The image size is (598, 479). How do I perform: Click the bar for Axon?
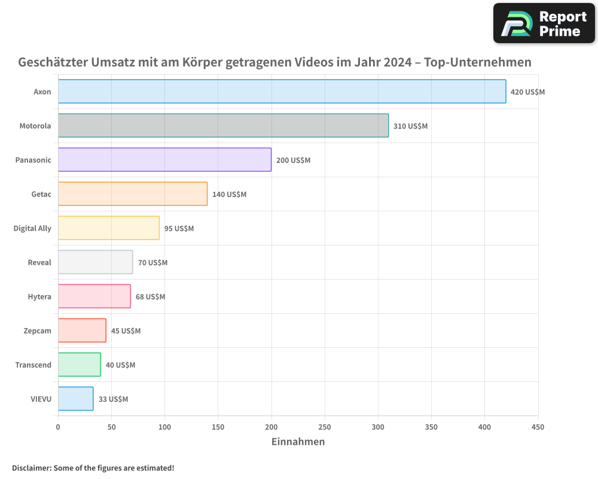coord(282,92)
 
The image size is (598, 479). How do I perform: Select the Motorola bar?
coord(223,126)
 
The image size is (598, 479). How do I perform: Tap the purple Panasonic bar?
coord(164,160)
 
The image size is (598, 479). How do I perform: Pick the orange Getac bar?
coord(133,194)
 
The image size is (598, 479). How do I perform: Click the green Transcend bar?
coord(80,365)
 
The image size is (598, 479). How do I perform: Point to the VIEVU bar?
coord(75,399)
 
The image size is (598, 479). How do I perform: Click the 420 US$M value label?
coord(527,92)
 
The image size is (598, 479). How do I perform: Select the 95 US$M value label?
coord(179,229)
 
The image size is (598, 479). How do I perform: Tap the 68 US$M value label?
coord(150,297)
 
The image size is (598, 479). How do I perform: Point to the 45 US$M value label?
coord(126,331)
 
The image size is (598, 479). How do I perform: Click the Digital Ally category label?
coord(32,228)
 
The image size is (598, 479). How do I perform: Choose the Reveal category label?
coord(39,262)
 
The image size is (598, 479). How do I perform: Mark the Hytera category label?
coord(39,296)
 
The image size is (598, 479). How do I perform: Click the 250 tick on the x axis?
coord(325,428)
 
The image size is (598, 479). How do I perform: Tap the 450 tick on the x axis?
coord(538,428)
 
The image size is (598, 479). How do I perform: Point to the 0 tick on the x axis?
coord(58,428)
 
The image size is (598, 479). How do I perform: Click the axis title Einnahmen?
coord(298,442)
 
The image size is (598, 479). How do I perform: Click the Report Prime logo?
coord(544,23)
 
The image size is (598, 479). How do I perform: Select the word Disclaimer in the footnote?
coord(30,468)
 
